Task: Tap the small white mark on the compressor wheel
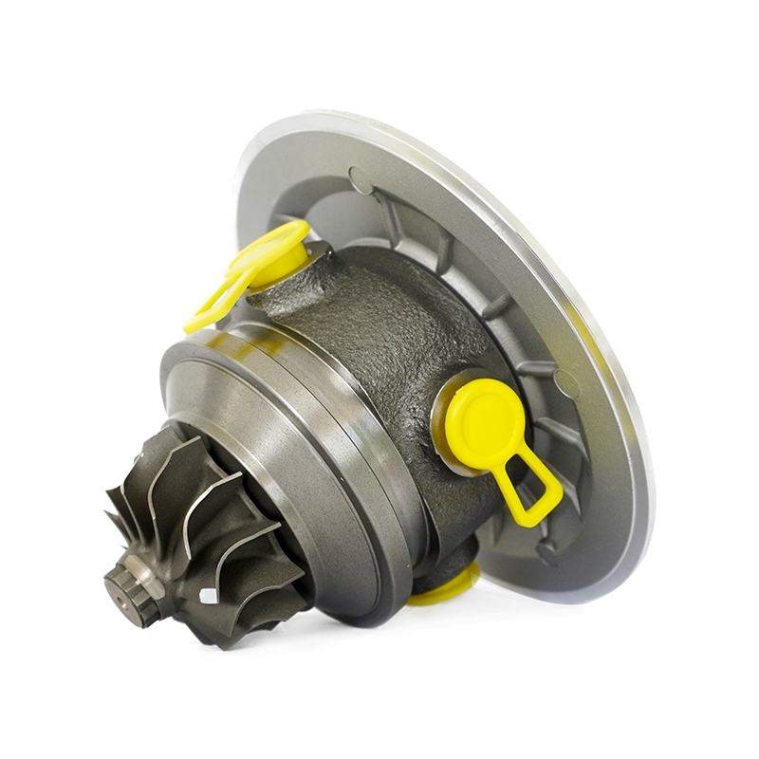pos(208,595)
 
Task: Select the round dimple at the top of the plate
pos(361,179)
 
